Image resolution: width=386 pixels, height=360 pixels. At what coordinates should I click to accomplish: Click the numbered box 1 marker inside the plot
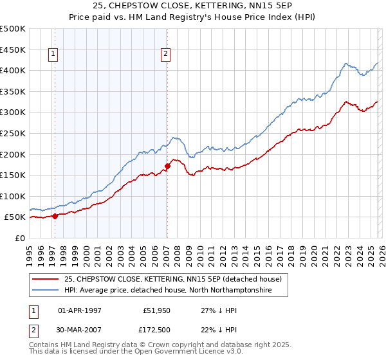[x=52, y=54]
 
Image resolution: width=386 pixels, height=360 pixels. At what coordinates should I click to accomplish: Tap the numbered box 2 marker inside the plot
[x=165, y=54]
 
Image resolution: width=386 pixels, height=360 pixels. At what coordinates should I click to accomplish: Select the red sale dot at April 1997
[x=55, y=216]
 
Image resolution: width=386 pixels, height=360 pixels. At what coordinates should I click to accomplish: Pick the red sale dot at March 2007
[x=167, y=166]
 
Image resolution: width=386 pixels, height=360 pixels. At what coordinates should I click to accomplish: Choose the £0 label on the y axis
[x=19, y=238]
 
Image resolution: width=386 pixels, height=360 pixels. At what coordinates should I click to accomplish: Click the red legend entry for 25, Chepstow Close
[x=172, y=280]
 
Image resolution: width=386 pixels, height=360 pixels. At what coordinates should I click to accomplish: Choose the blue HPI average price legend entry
[x=168, y=291]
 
